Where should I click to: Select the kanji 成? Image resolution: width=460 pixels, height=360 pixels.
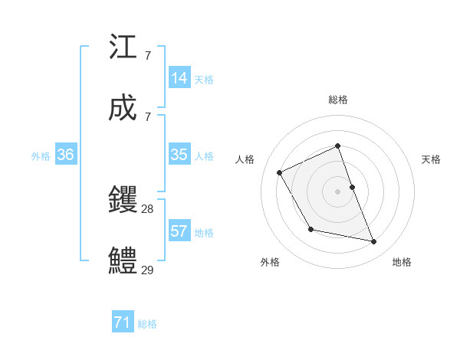point(123,110)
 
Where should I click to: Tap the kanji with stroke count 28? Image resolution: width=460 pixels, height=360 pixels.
point(123,201)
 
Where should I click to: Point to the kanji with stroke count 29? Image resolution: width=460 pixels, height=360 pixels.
point(123,261)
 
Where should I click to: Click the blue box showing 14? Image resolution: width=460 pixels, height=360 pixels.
point(179,78)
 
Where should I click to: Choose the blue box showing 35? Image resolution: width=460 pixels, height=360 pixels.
point(179,155)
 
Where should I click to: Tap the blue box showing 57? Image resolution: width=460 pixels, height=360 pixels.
point(179,231)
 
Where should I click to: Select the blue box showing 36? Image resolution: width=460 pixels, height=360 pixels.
point(66,155)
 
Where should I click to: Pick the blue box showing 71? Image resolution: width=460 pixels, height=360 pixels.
point(123,322)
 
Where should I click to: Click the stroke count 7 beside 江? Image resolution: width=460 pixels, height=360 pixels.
point(147,56)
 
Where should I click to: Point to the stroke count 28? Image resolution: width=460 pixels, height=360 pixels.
point(148,208)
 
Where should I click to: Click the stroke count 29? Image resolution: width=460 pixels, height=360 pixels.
point(148,270)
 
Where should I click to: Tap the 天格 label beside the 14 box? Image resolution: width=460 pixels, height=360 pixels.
point(204,79)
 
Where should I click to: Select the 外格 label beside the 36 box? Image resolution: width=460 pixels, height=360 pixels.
point(41,155)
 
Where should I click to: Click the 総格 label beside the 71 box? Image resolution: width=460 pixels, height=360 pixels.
point(147,324)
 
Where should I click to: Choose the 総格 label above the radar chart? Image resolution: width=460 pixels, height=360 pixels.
point(338,100)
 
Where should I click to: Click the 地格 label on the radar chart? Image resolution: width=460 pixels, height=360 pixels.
point(402,262)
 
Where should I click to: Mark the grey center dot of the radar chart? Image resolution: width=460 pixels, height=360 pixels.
point(338,191)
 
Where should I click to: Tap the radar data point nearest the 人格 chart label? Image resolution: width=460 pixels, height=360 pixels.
point(280,172)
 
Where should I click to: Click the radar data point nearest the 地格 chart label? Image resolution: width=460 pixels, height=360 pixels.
point(374,242)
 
